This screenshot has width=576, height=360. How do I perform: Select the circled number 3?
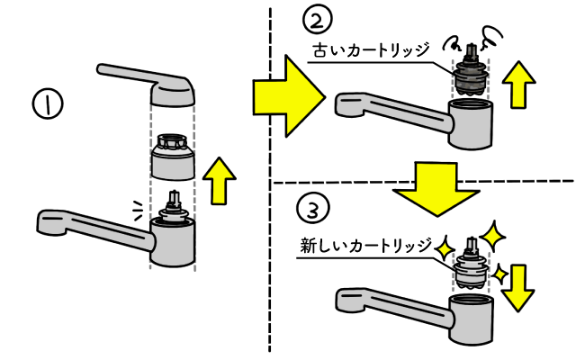point(309,211)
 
